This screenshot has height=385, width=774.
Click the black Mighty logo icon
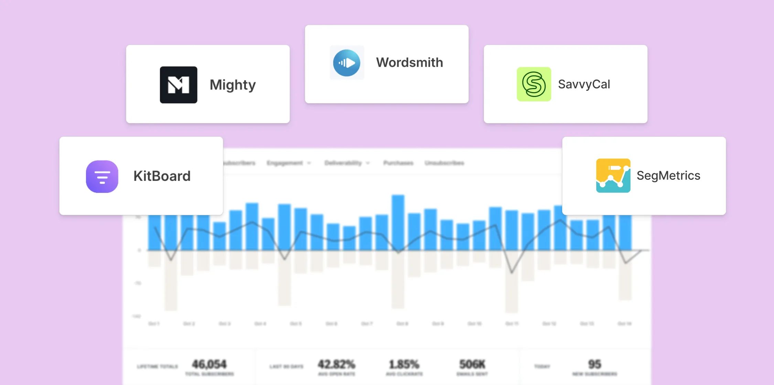[178, 85]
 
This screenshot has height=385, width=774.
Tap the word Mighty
[233, 85]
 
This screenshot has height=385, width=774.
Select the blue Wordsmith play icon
[346, 63]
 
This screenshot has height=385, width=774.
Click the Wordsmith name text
[409, 63]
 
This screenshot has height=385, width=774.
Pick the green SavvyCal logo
[534, 84]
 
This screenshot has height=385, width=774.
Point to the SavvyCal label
[584, 84]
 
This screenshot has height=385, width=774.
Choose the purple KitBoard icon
[102, 176]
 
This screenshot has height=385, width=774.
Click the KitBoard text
[162, 176]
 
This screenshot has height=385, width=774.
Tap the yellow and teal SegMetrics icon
[613, 175]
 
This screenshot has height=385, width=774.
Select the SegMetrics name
[668, 176]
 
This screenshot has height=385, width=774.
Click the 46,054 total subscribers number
[209, 364]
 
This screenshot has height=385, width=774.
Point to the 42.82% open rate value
[336, 364]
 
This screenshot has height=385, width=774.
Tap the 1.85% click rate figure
[404, 364]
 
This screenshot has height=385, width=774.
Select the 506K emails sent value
[472, 364]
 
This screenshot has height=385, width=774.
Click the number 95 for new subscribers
[594, 364]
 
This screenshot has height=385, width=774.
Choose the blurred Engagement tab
[285, 163]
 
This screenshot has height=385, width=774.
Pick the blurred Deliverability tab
[343, 163]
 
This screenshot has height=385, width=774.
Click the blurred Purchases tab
[398, 163]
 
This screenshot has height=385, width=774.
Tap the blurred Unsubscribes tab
[444, 163]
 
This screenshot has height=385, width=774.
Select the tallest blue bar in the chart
[398, 222]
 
